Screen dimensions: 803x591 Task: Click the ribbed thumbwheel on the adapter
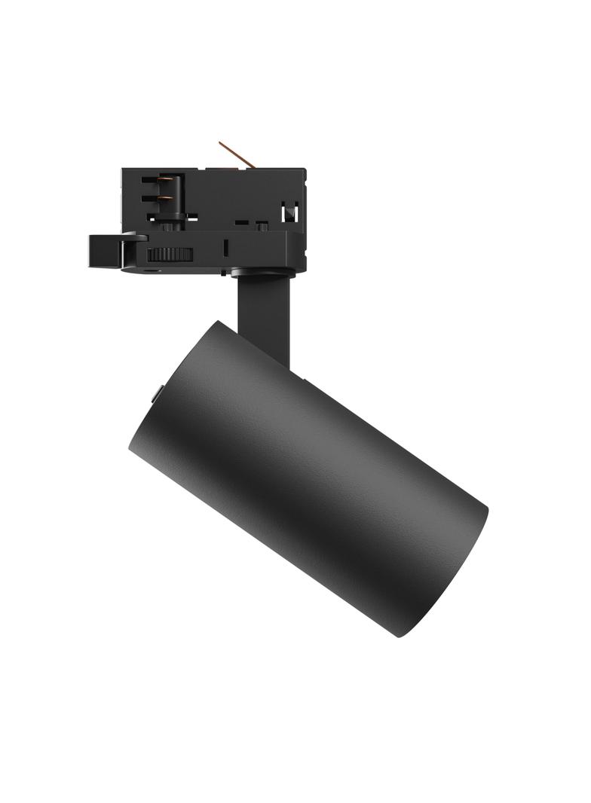pyautogui.click(x=169, y=255)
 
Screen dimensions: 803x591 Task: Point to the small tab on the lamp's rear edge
pyautogui.click(x=159, y=392)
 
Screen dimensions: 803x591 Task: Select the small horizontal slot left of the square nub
pyautogui.click(x=240, y=223)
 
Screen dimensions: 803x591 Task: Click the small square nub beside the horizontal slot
pyautogui.click(x=261, y=224)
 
